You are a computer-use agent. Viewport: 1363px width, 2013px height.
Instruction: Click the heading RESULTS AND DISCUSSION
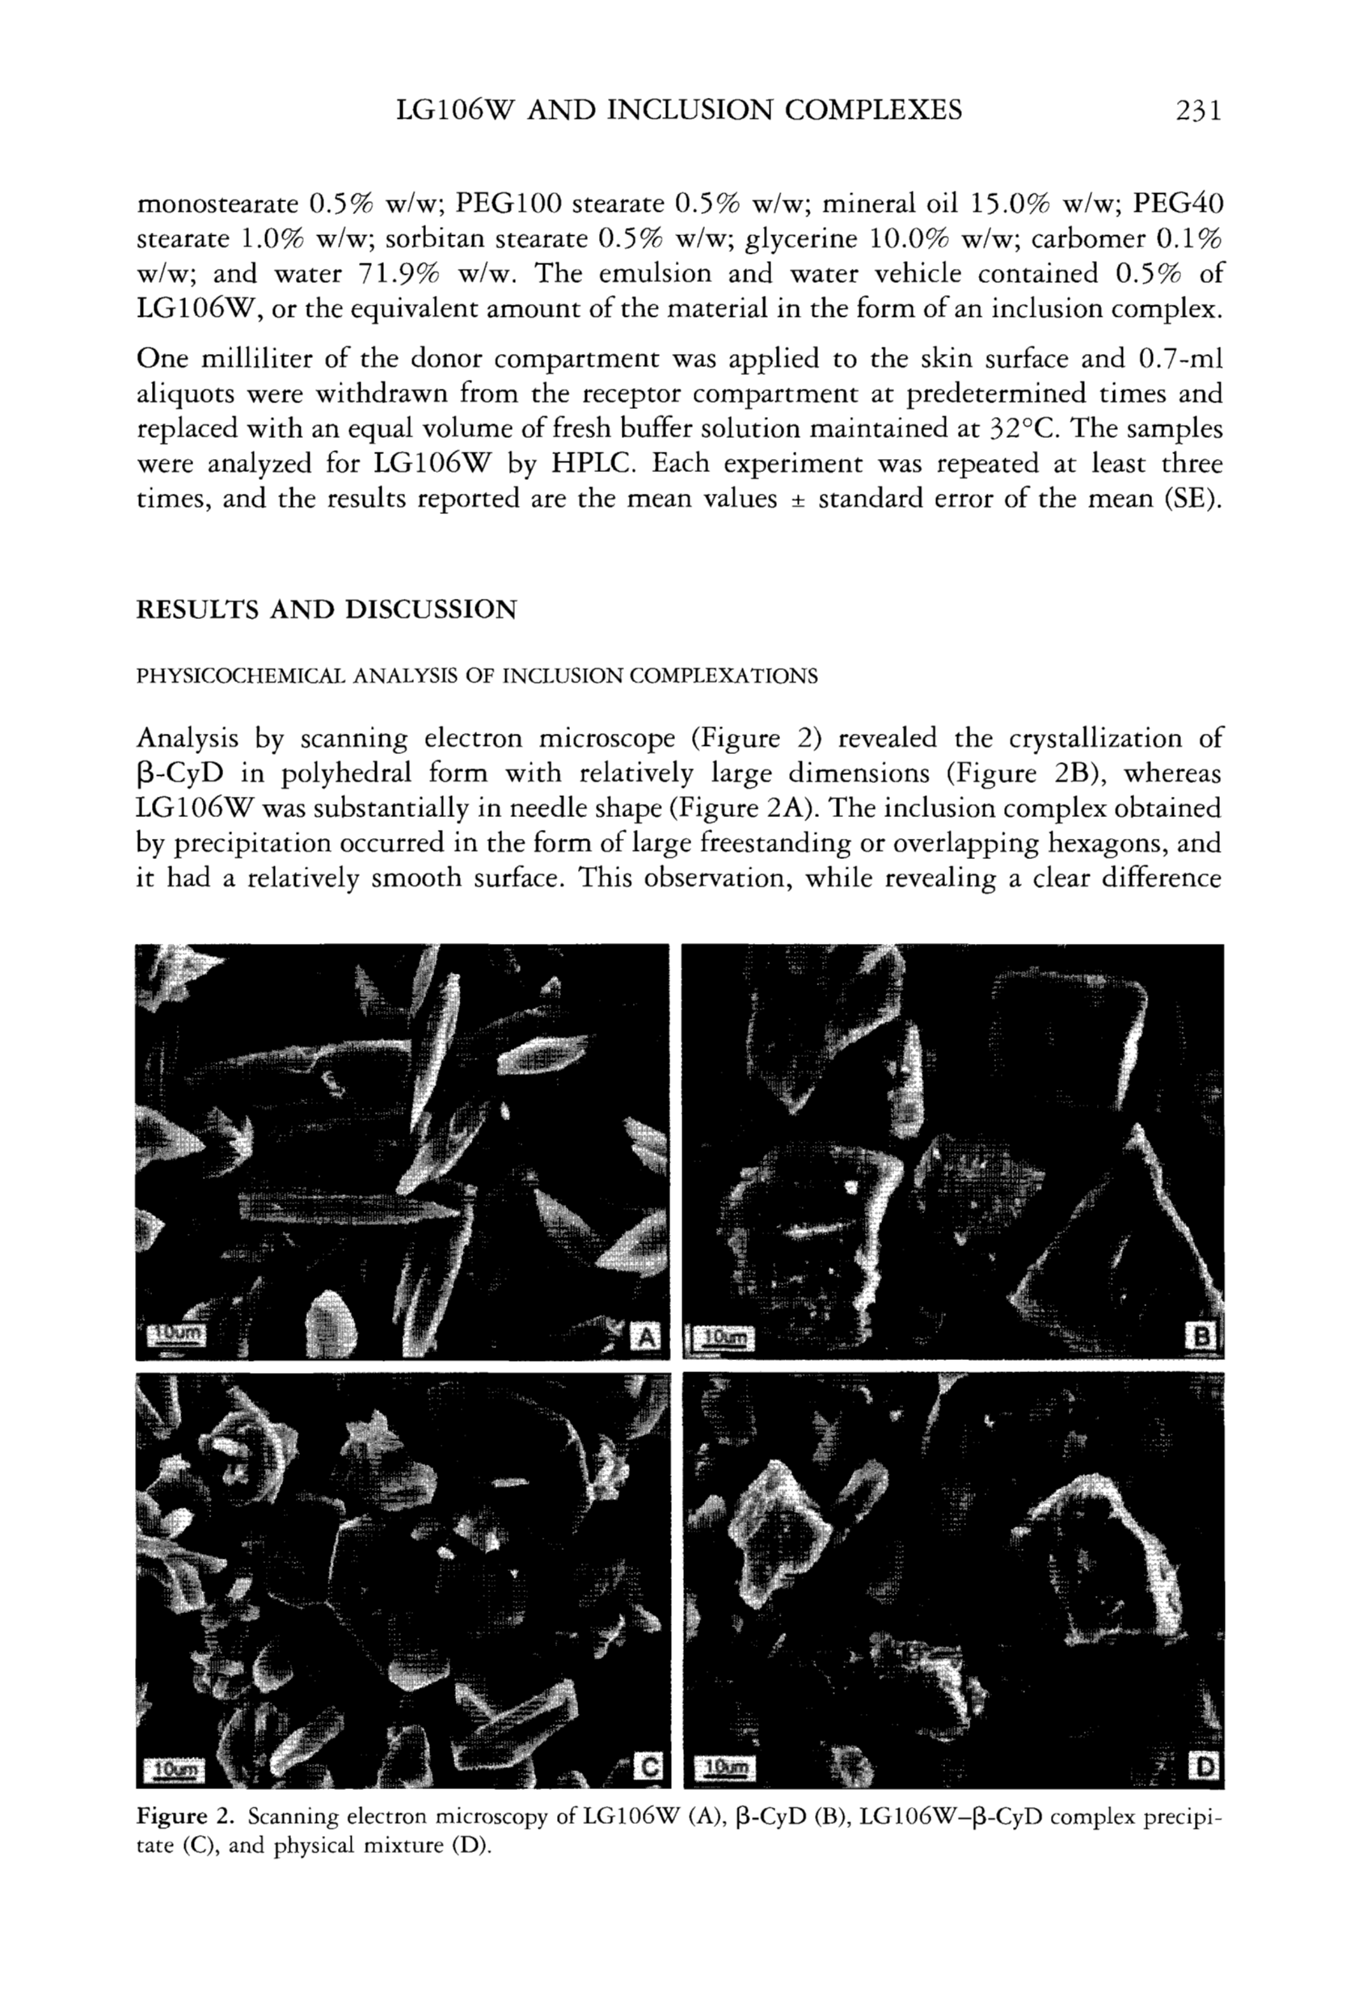[x=327, y=610]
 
